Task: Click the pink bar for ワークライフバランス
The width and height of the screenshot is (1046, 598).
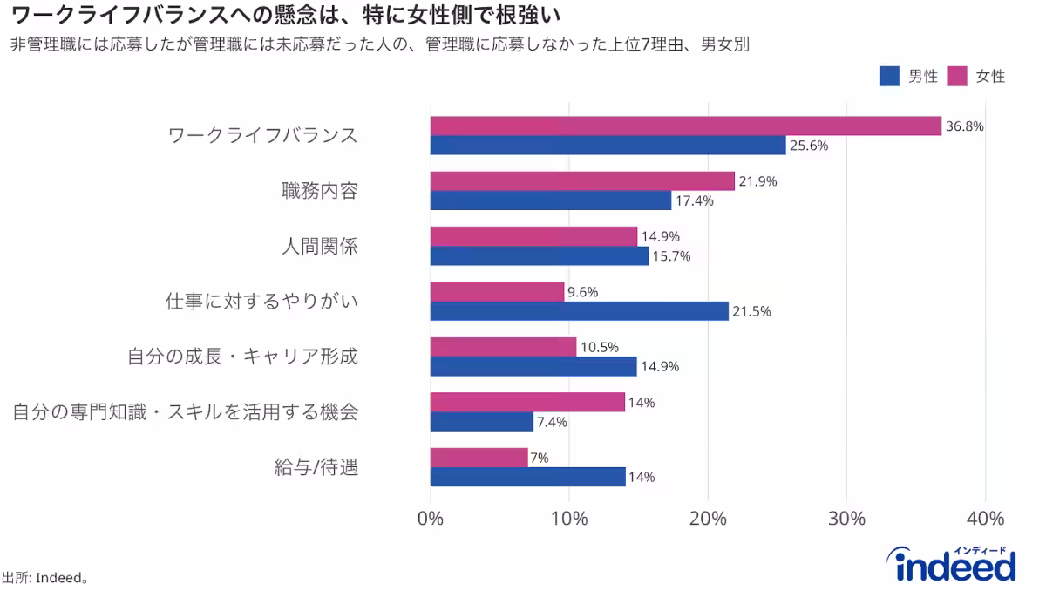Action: click(686, 126)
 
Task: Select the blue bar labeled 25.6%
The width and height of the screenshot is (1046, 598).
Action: click(608, 146)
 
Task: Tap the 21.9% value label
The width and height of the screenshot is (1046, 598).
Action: click(757, 181)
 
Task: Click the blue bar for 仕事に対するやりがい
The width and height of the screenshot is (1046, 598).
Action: click(579, 311)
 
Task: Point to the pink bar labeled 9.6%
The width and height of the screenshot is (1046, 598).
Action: click(497, 292)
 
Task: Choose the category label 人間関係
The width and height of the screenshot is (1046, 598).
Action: click(319, 247)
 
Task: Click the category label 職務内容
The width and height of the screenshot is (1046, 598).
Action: click(319, 191)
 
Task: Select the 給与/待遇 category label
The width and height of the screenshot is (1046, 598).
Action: click(316, 467)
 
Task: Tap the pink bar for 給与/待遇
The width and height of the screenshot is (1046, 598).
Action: click(479, 458)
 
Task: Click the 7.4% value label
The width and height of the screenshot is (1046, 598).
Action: click(552, 422)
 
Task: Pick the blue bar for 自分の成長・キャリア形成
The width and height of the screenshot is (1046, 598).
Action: click(533, 366)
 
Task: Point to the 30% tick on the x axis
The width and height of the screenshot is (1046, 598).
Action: click(846, 519)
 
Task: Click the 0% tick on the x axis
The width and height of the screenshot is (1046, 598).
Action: click(431, 519)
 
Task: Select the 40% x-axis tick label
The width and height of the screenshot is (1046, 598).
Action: click(985, 519)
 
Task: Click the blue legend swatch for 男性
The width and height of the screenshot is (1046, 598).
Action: click(889, 77)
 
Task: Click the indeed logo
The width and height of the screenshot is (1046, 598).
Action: click(955, 564)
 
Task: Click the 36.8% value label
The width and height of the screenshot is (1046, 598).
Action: click(965, 126)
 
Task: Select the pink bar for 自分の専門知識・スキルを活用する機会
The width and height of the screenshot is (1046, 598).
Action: click(527, 402)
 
